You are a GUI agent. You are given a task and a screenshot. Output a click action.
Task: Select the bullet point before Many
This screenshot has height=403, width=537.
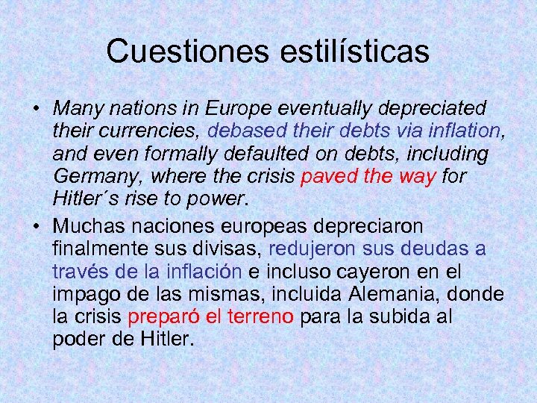pos(36,110)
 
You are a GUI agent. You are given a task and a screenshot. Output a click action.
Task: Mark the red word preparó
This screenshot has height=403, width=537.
pos(163,316)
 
